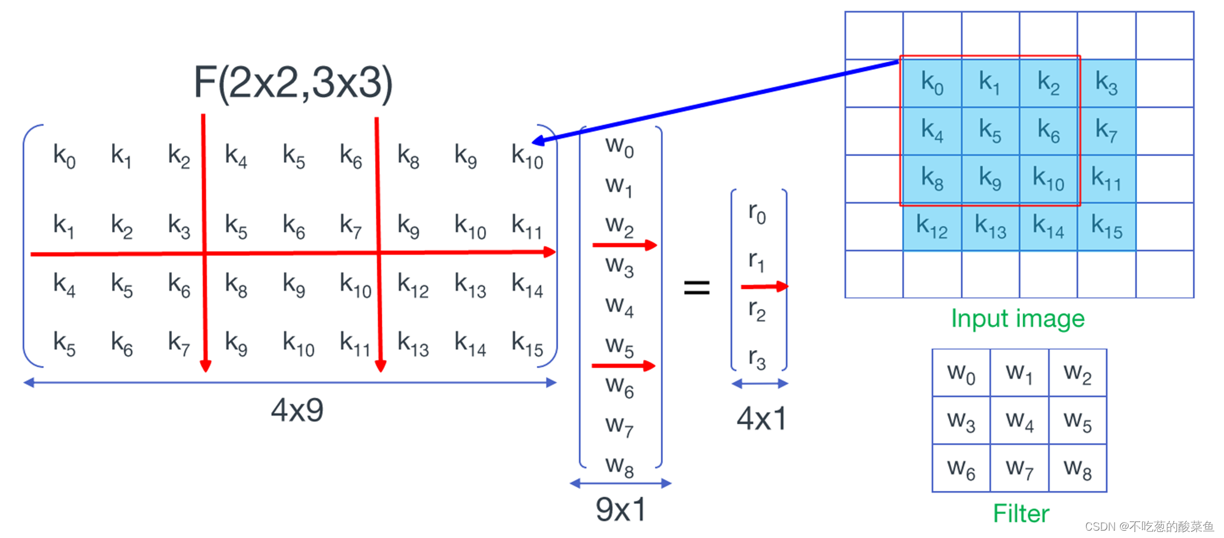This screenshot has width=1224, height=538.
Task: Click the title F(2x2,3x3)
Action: pos(293,83)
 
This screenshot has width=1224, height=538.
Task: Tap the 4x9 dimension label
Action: pos(297,410)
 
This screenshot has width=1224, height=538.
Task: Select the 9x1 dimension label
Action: pos(621,509)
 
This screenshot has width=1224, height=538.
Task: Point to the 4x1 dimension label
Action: pos(761,419)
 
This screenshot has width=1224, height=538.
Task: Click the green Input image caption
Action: pos(1017,319)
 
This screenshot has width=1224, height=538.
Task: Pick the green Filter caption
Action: pos(1020,514)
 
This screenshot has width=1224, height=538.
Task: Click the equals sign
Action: pos(696,287)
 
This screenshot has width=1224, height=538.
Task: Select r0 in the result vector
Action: pos(757,213)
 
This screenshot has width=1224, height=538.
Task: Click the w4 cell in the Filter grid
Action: pos(1020,420)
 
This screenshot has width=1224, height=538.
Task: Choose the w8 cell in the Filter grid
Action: pos(1077,469)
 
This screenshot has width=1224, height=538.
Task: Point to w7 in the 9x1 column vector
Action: pos(619,425)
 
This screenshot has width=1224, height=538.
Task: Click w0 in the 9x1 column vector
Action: pos(619,147)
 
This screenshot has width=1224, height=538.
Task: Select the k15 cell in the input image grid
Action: pos(1106,226)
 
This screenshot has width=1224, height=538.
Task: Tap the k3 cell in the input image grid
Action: pos(1106,83)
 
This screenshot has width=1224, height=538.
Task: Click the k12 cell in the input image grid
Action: pos(931,226)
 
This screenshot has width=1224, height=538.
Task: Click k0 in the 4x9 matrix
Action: pos(64,155)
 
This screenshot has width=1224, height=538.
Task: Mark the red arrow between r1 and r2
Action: pos(764,286)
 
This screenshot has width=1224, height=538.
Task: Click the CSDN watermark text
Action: pos(1149,526)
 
